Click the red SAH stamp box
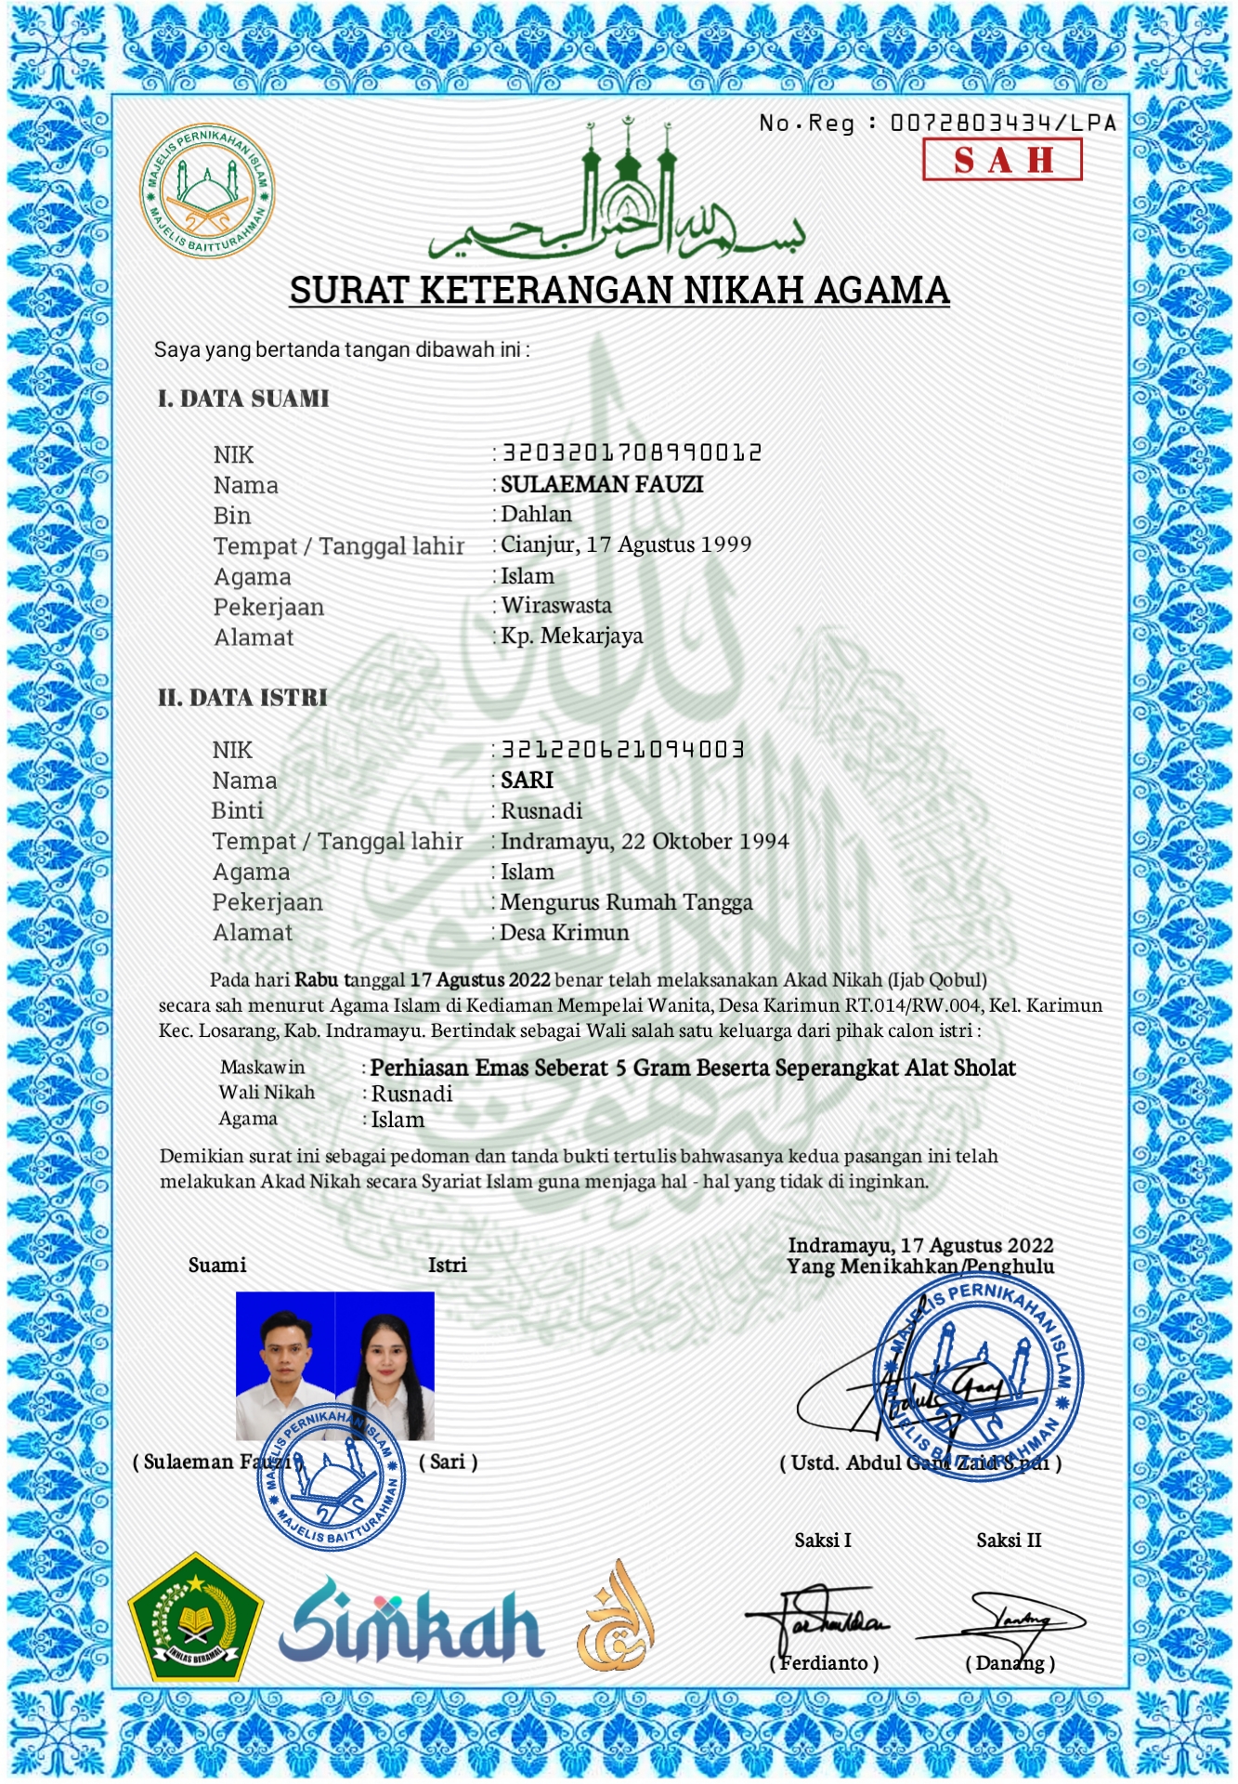(x=1002, y=160)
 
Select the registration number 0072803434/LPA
(x=1003, y=123)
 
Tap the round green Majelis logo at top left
(x=207, y=191)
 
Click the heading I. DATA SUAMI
(x=243, y=399)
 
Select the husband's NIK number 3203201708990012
(x=632, y=453)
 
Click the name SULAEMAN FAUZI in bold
(x=602, y=484)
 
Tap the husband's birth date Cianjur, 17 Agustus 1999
(x=626, y=544)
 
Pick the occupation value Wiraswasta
(x=556, y=606)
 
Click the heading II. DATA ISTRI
(x=242, y=698)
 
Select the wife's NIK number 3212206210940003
(x=623, y=749)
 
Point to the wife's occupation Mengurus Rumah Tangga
(x=626, y=902)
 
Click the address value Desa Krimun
(x=565, y=932)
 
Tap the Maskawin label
(x=262, y=1067)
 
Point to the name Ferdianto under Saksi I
(x=825, y=1663)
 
